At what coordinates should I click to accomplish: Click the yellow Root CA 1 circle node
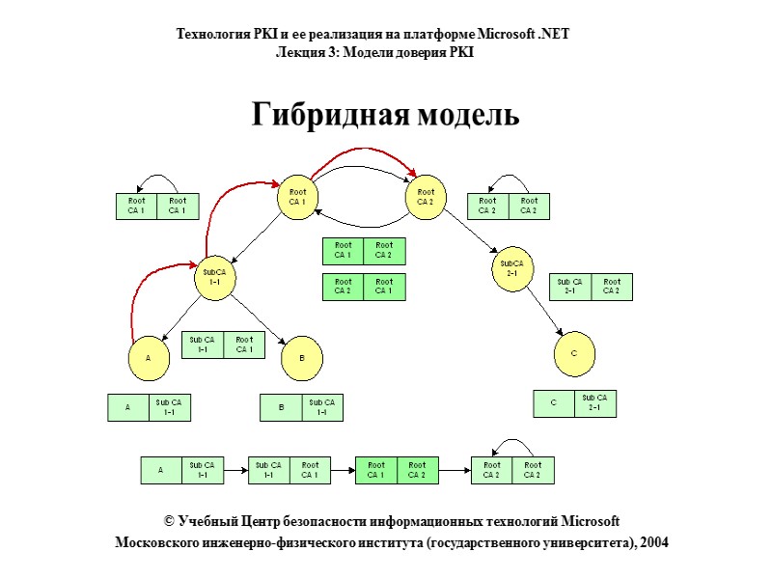297,197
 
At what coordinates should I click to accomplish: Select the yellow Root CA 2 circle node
426,197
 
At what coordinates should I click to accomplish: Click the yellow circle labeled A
148,357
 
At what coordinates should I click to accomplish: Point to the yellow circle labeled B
300,359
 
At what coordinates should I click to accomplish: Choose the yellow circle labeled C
573,354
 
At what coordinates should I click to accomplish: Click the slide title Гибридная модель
385,115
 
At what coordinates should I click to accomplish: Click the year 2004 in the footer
651,542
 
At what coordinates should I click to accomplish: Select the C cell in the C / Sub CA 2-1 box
554,403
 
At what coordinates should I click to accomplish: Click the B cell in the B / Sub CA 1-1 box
281,408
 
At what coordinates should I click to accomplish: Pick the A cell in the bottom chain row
161,470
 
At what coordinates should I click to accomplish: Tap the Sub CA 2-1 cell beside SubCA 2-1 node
570,288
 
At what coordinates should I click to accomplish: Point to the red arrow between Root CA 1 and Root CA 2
362,152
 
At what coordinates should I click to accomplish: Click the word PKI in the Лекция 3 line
460,52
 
